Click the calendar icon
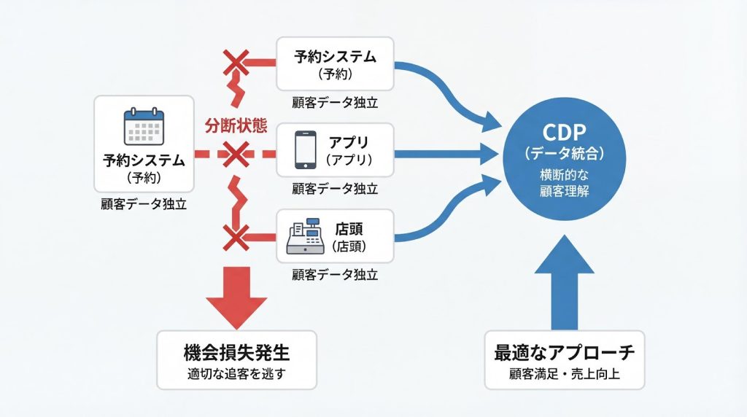click(144, 127)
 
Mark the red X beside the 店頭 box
click(236, 236)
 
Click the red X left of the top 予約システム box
click(236, 63)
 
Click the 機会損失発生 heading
click(236, 354)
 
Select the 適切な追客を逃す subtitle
click(236, 375)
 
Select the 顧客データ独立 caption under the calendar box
click(144, 205)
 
